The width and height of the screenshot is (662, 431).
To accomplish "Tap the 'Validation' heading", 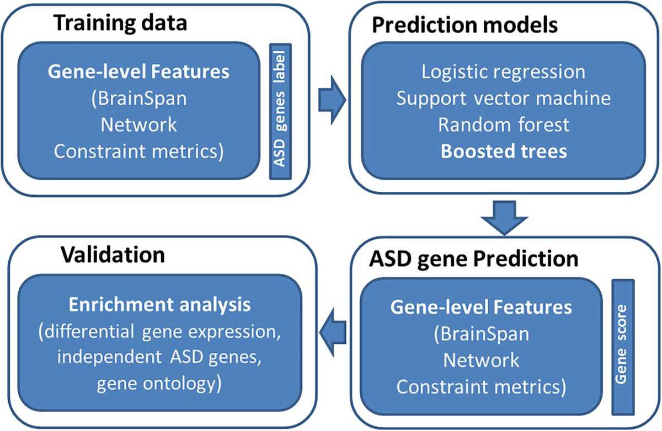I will tap(113, 255).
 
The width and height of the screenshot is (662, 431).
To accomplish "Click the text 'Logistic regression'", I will tap(503, 72).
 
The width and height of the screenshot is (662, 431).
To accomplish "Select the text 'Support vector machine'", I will tap(503, 98).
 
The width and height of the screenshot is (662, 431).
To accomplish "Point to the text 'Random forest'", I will tap(503, 125).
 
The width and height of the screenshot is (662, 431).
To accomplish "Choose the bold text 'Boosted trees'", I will tap(503, 151).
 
